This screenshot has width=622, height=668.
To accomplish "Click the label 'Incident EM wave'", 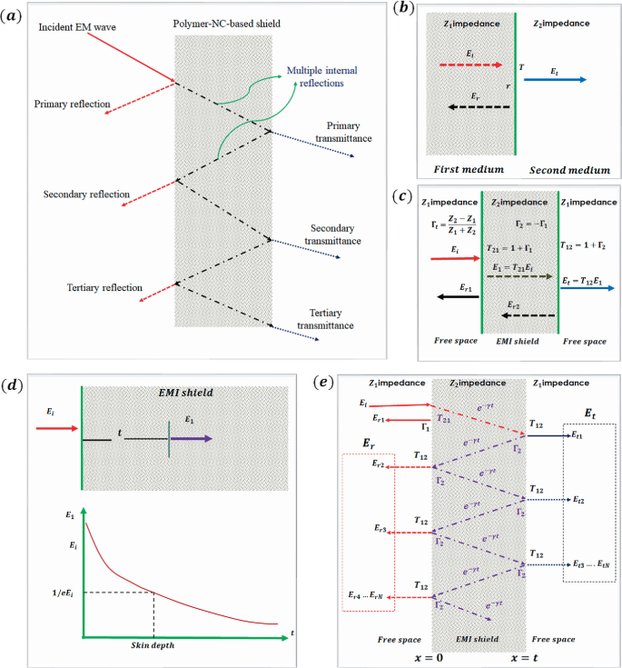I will point(77,28).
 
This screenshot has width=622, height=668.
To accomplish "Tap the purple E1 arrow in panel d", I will point(191,438).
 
